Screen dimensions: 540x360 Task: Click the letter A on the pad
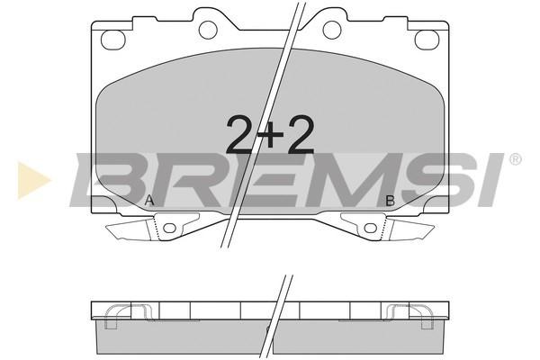[149, 200]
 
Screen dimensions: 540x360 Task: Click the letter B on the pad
[391, 201]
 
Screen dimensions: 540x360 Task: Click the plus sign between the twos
[270, 134]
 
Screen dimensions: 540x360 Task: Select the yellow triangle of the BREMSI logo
[33, 180]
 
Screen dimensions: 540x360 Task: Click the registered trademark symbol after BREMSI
[515, 159]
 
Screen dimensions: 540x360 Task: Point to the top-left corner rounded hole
[112, 40]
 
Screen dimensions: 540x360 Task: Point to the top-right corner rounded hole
[427, 40]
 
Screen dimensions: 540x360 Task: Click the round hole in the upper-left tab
[208, 30]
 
